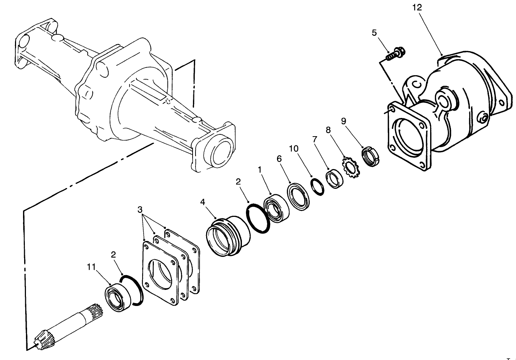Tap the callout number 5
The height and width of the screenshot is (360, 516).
pyautogui.click(x=374, y=32)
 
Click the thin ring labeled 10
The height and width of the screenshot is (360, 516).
pyautogui.click(x=317, y=187)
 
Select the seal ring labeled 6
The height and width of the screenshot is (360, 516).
pyautogui.click(x=298, y=196)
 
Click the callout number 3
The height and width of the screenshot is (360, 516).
pyautogui.click(x=140, y=210)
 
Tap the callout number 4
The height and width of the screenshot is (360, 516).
pyautogui.click(x=203, y=202)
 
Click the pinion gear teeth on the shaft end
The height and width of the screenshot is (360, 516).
pyautogui.click(x=42, y=339)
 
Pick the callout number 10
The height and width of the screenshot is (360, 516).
pyautogui.click(x=293, y=149)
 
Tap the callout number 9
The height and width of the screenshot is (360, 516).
pyautogui.click(x=343, y=120)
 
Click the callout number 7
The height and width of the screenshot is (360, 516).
pyautogui.click(x=314, y=139)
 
